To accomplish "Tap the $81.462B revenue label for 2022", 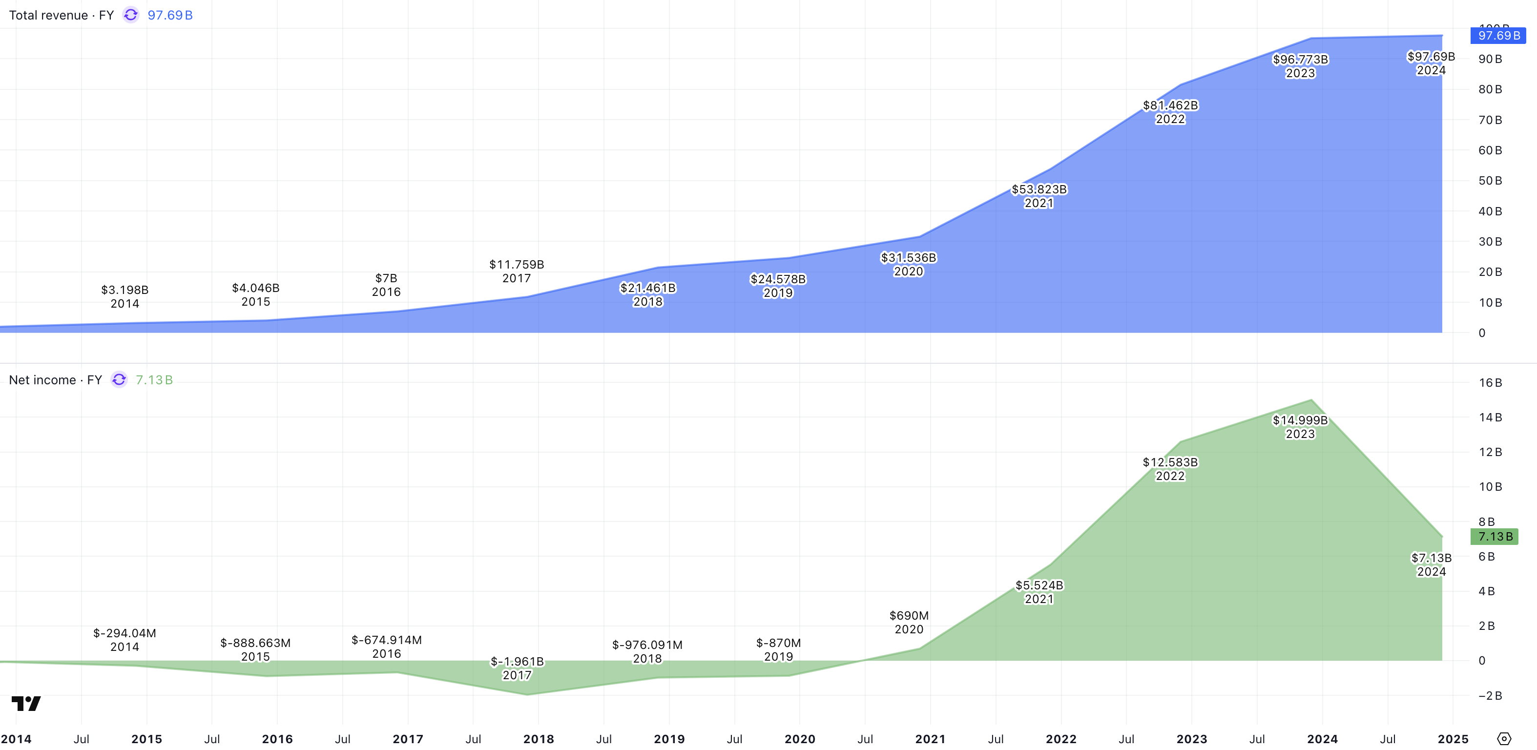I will (x=1170, y=112).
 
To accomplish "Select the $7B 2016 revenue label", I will (x=386, y=285).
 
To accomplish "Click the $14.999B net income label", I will (x=1300, y=427).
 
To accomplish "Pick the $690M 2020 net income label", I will (x=909, y=622).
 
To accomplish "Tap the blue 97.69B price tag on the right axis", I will (x=1498, y=36).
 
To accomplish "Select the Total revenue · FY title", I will (x=61, y=16).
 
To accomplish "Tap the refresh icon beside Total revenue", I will (x=131, y=15).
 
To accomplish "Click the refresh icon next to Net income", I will (x=119, y=379).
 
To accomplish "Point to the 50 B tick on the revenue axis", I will (x=1490, y=181).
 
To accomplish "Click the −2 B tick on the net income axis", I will (x=1490, y=696).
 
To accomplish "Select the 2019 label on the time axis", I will (x=669, y=739).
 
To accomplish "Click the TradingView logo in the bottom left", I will (x=26, y=704).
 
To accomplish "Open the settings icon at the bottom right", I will (x=1504, y=739).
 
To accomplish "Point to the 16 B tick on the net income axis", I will (x=1490, y=383).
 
